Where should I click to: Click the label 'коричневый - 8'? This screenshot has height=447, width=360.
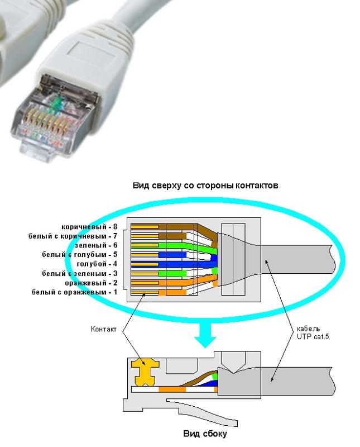89,227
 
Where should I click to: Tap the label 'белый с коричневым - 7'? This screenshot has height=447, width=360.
73,236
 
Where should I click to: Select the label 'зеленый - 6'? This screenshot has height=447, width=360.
95,245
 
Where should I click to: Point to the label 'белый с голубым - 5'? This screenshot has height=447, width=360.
79,254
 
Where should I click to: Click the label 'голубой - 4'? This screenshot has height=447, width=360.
97,264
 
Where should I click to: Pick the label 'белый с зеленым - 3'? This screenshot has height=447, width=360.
79,273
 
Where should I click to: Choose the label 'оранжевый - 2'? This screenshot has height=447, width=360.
91,283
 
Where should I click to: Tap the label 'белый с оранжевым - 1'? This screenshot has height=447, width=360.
74,292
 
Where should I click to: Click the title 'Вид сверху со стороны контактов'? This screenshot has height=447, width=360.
205,186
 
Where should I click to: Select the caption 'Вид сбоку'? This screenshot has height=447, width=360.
205,434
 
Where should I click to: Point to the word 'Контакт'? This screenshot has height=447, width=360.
104,329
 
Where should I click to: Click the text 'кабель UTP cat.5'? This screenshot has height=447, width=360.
313,332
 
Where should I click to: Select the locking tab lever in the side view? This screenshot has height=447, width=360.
201,411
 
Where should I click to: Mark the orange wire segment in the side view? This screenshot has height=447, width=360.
172,389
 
